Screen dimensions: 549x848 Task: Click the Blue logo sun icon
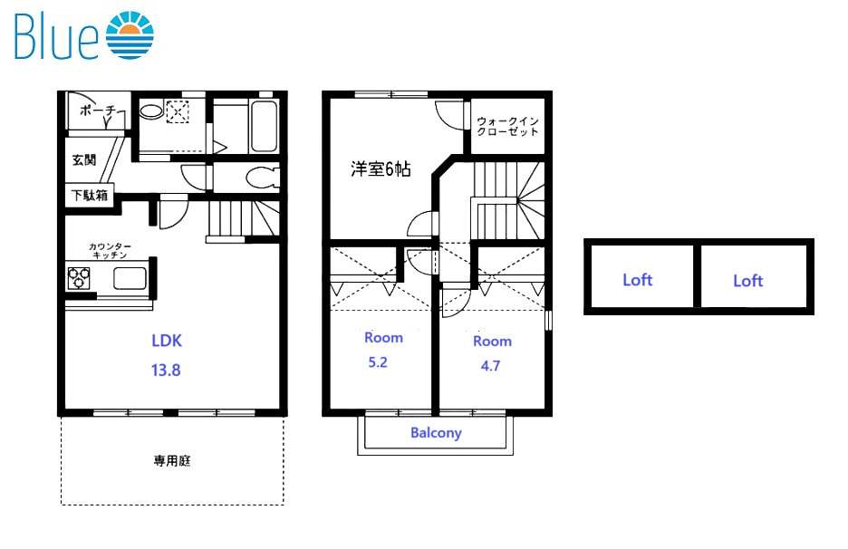(x=130, y=36)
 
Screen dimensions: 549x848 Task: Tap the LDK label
(x=167, y=341)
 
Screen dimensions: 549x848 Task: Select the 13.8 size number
(x=167, y=370)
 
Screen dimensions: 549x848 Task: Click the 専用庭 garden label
(x=171, y=461)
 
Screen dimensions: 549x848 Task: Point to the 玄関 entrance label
(x=84, y=160)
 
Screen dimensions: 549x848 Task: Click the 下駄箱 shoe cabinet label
(x=90, y=195)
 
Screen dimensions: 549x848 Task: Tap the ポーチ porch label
(x=97, y=111)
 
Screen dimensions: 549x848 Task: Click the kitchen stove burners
(x=79, y=278)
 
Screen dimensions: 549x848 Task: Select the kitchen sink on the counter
(x=127, y=279)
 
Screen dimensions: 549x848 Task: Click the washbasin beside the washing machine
(x=150, y=112)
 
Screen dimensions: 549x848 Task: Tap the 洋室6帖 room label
(x=381, y=169)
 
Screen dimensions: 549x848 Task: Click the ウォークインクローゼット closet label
(x=507, y=125)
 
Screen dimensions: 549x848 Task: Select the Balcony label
(x=436, y=433)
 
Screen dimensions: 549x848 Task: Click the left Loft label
(x=637, y=280)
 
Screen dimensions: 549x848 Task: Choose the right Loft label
(x=747, y=281)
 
